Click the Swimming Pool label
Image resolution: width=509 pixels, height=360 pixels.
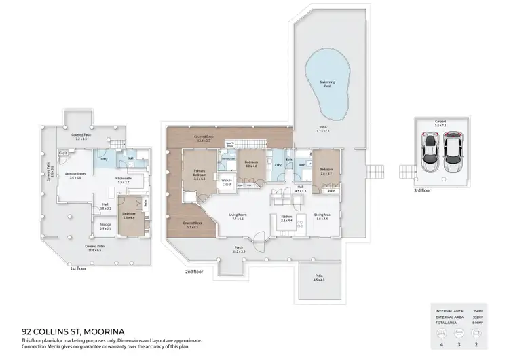pos(328,84)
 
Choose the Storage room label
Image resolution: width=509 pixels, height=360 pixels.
pos(105,226)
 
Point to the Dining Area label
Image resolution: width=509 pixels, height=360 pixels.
pos(322,217)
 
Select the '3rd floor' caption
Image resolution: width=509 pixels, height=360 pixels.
pos(422,190)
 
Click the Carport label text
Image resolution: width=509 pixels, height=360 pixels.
pos(441,123)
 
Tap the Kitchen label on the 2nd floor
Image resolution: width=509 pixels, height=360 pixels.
pos(286,217)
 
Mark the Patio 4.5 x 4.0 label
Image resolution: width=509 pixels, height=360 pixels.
pos(318,278)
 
